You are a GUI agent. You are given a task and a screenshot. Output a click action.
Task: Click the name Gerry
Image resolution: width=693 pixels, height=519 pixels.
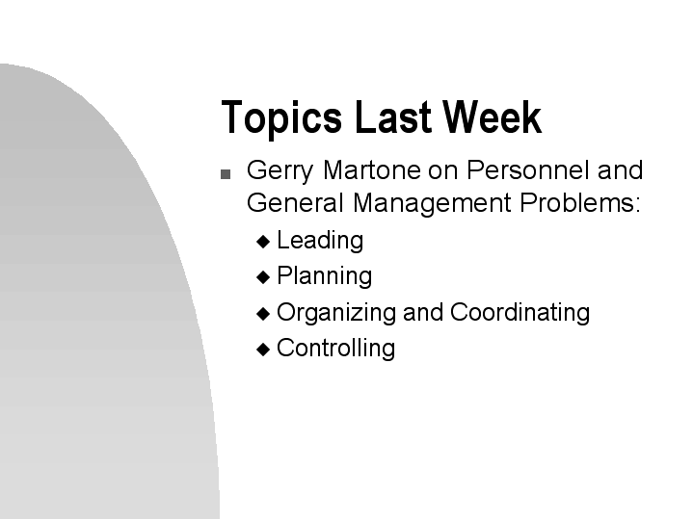277,171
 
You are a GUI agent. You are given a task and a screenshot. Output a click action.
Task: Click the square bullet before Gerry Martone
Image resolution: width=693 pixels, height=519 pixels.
226,175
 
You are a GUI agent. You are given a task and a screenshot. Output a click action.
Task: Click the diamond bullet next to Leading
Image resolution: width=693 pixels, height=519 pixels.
264,242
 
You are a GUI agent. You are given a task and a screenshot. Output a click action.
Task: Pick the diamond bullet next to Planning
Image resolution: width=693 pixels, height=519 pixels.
264,277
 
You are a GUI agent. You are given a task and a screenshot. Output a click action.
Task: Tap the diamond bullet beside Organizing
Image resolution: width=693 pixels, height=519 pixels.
264,314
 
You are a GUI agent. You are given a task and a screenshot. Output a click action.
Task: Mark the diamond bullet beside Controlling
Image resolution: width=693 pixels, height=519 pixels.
264,350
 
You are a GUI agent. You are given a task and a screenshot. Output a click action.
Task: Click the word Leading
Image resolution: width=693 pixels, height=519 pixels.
320,241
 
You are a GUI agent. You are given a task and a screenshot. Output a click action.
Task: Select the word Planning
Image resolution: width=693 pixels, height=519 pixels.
324,277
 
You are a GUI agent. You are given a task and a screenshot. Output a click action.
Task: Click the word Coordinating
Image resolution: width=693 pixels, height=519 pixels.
520,313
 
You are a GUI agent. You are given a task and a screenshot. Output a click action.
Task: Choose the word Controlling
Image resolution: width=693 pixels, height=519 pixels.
335,348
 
